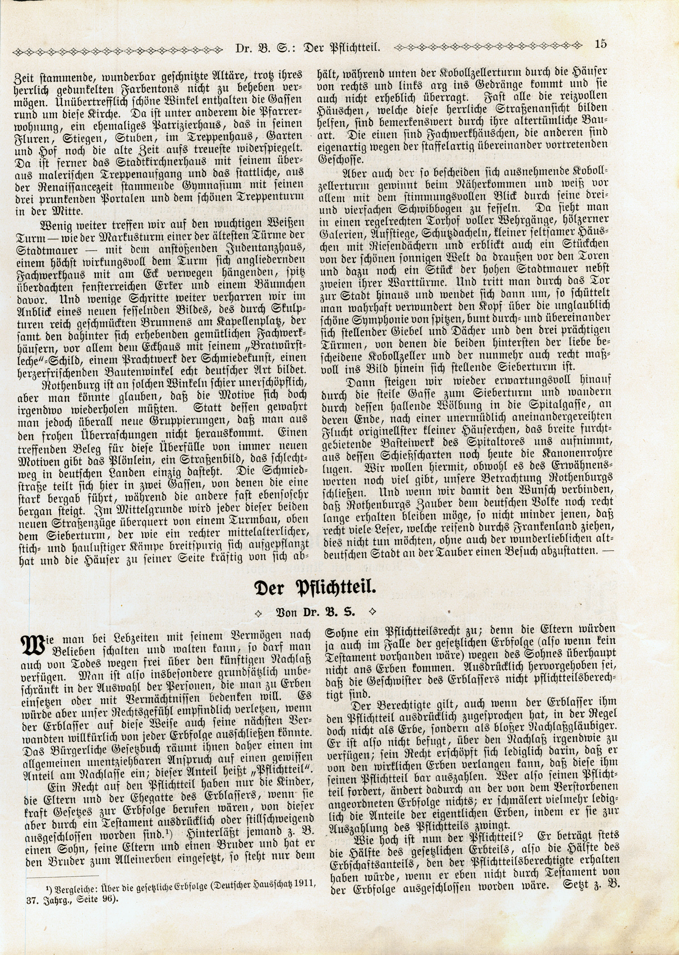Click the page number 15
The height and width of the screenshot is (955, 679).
click(x=601, y=44)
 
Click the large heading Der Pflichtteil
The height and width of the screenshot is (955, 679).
click(x=316, y=589)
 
